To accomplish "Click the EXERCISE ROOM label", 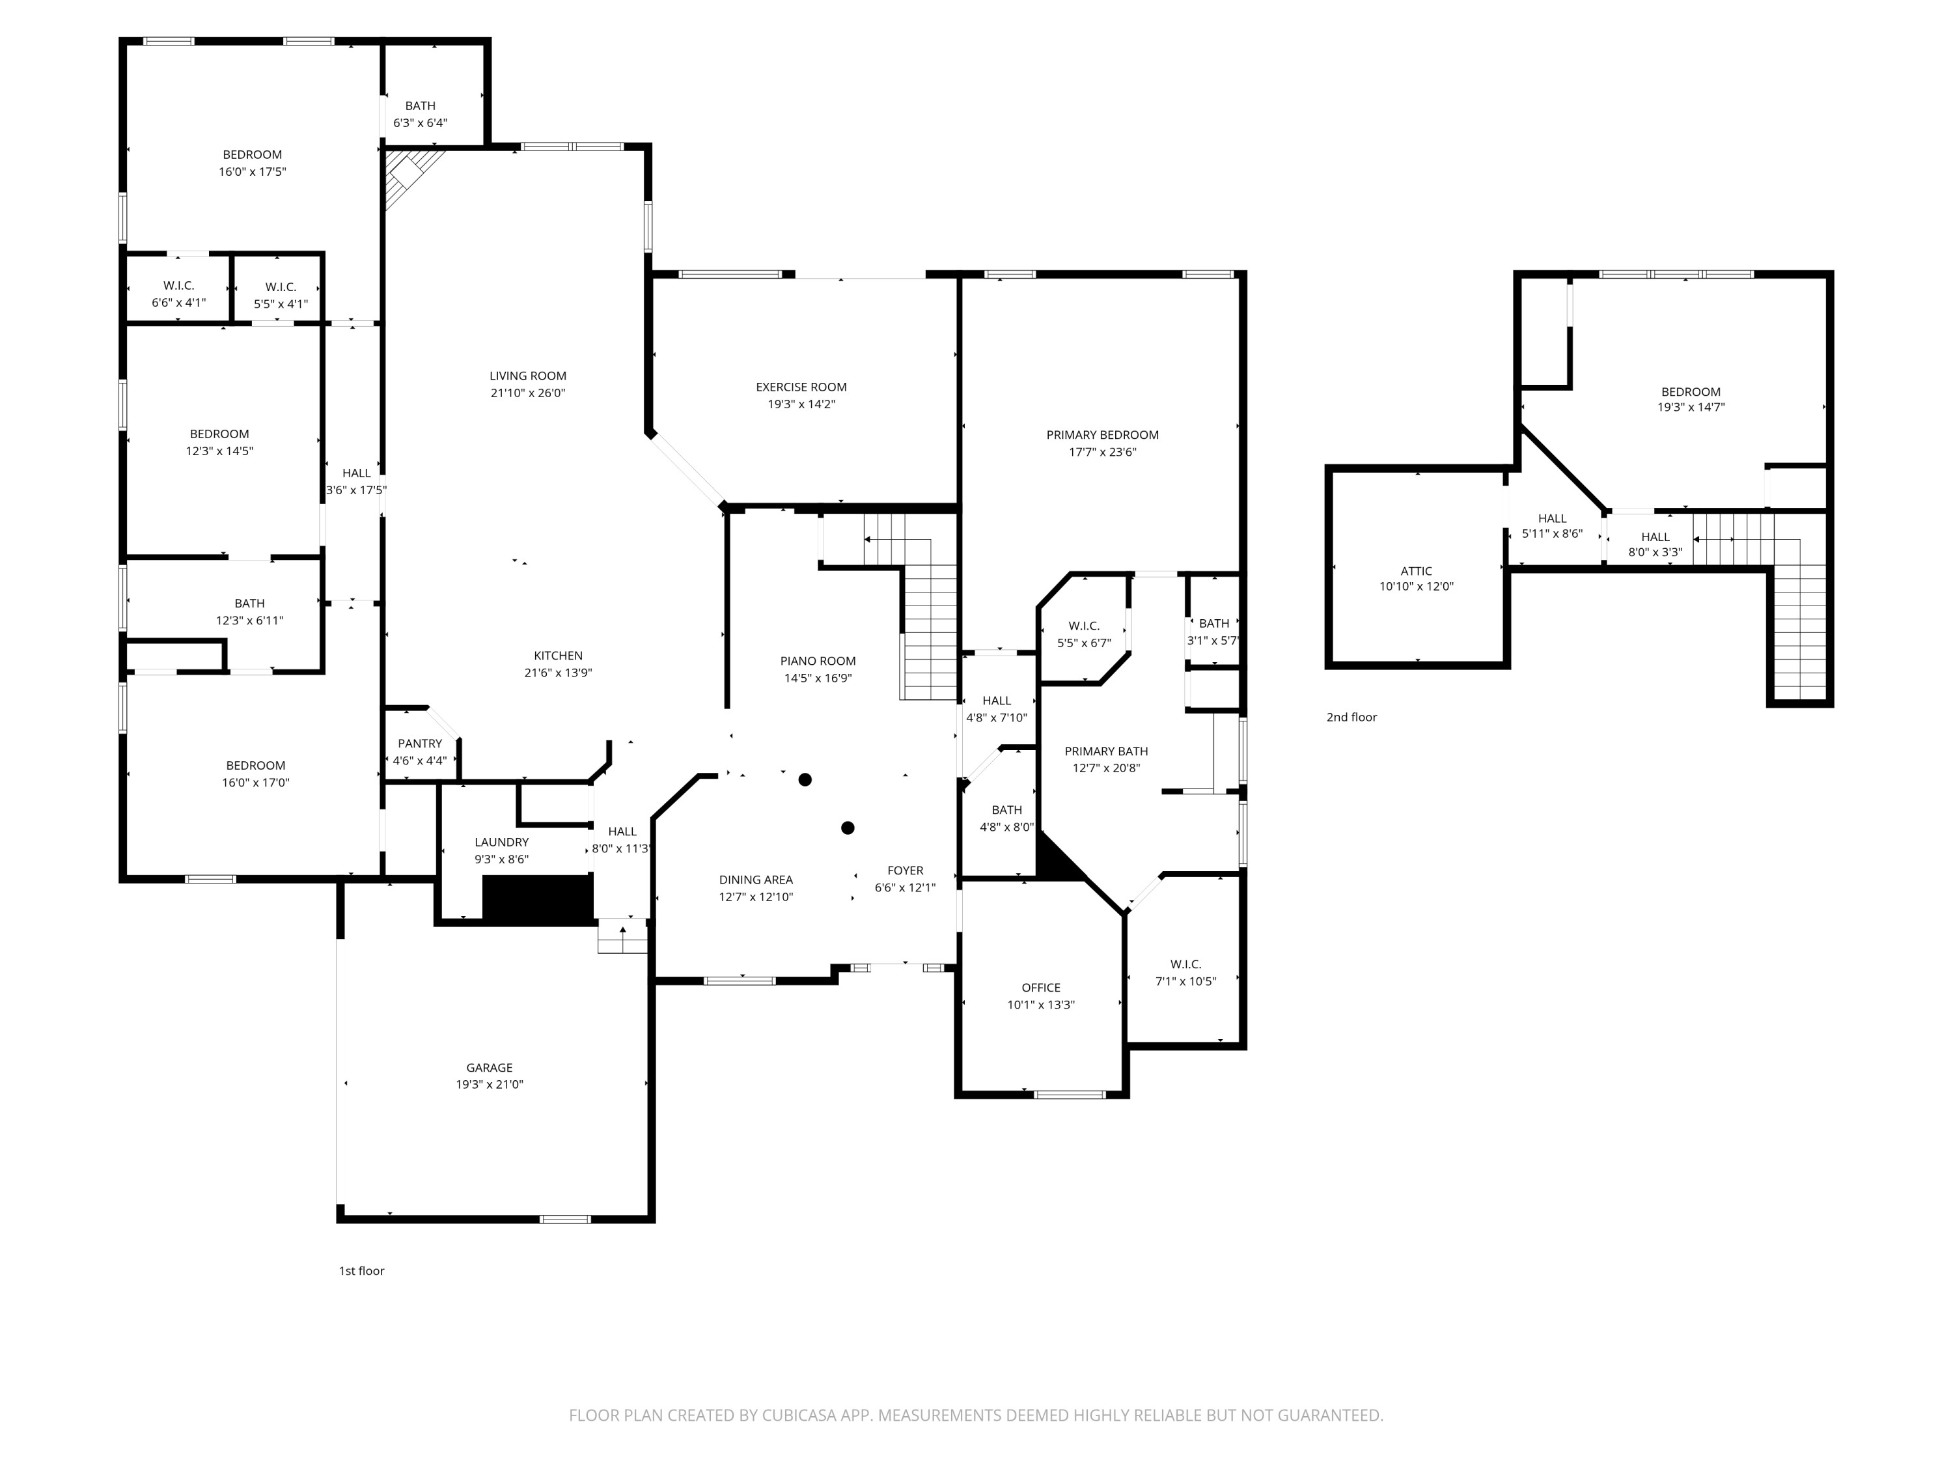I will (x=800, y=387).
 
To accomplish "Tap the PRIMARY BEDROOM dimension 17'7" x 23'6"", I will (x=1102, y=452).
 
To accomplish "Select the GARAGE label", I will (x=489, y=1068).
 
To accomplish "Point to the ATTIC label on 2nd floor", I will (x=1416, y=571).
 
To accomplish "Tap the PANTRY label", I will (x=419, y=744).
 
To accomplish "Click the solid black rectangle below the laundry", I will (x=537, y=899).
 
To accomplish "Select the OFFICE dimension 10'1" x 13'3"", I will (x=1040, y=1005).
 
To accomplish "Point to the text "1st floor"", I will (x=361, y=1271).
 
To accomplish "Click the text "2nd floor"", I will (x=1351, y=717).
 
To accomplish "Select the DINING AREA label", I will (x=756, y=880).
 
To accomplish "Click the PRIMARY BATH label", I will (x=1105, y=751).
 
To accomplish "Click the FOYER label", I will (x=905, y=871).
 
